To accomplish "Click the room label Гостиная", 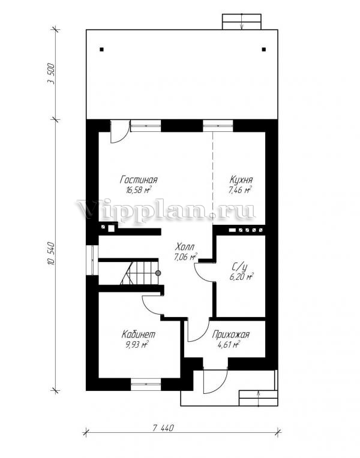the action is point(139,180).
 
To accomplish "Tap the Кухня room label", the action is point(241,180).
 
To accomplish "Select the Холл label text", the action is point(184,247).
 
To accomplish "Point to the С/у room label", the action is point(239,267).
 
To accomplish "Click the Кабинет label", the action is point(139,334).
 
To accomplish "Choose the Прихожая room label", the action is point(231,335).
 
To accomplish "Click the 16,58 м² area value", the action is point(139,191).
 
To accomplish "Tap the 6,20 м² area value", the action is point(242,276).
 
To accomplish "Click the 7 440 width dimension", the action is point(163,428).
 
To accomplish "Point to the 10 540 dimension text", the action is point(50,254).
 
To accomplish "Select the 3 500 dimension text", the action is point(50,74).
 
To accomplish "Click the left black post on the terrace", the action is point(101,50).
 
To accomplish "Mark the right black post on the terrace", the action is point(264,50).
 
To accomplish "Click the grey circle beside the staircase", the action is point(158,273).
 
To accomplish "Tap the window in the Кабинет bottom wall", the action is point(146,384).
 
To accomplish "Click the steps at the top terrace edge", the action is point(241,22).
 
